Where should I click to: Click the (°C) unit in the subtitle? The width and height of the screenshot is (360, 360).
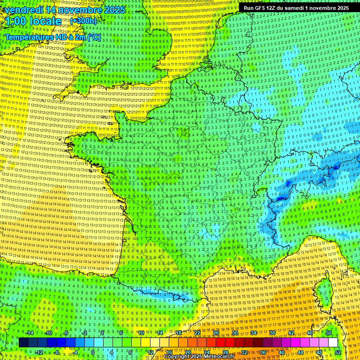point(94,37)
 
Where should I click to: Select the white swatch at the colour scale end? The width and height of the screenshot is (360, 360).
point(333,343)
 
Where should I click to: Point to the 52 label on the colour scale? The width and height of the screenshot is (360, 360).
point(338,352)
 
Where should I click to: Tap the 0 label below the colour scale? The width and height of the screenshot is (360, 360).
point(93,352)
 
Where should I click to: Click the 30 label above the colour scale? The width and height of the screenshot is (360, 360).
point(234,333)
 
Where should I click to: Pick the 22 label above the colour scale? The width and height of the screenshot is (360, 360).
point(197,333)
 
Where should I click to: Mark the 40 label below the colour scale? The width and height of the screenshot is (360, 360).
point(282,352)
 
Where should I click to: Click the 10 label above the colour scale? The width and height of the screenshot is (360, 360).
point(141,333)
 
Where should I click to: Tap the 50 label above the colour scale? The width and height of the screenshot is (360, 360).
point(328,333)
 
